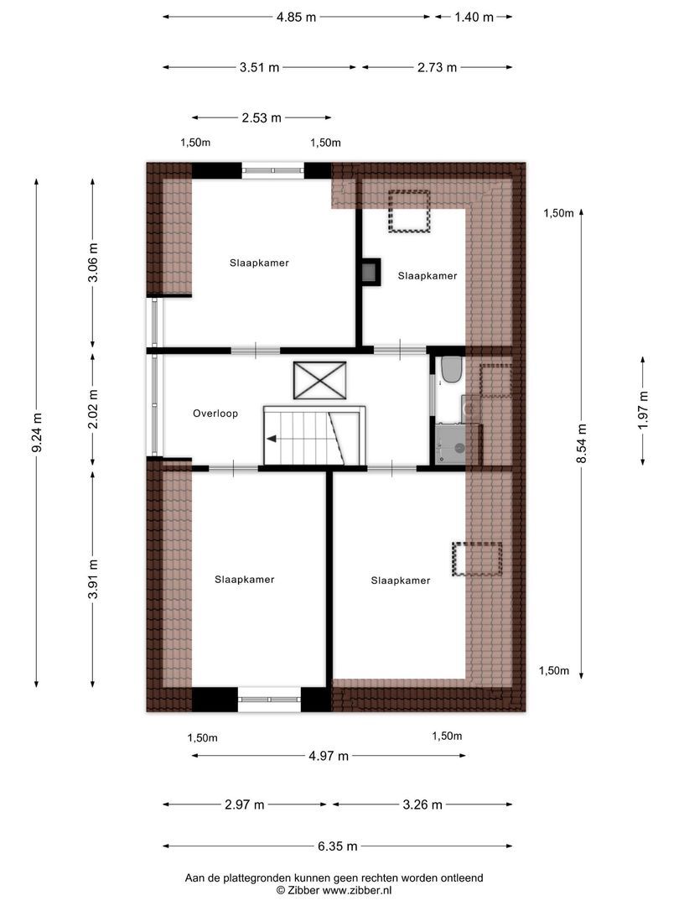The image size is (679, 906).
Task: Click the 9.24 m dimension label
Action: [x=36, y=434]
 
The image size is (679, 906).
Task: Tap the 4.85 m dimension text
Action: [x=296, y=17]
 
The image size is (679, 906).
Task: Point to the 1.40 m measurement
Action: [x=474, y=17]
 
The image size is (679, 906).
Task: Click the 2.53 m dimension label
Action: [x=262, y=118]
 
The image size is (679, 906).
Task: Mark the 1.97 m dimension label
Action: [x=643, y=411]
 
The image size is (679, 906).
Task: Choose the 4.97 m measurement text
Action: [x=329, y=756]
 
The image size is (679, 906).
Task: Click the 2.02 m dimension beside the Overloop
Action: [x=93, y=408]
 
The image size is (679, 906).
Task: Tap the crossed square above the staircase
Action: [x=319, y=382]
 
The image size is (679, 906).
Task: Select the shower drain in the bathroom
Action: [x=459, y=448]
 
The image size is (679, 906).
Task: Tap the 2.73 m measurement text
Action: [x=437, y=68]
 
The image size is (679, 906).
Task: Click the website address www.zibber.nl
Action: [x=363, y=890]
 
